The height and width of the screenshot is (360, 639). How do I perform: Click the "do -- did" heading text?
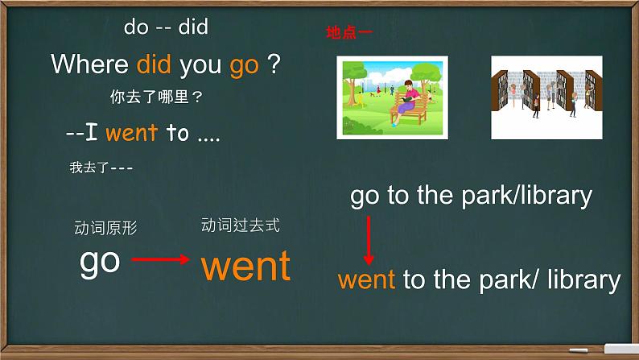166,27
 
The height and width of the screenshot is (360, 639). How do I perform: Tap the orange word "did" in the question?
155,64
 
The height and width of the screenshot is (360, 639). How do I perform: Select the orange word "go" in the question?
244,65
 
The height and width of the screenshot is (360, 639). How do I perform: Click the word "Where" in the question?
89,64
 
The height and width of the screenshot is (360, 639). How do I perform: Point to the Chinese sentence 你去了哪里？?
156,98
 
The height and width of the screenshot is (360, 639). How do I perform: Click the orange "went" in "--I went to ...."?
131,133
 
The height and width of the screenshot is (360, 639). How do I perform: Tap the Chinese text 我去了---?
101,168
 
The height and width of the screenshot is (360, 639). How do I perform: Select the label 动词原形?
105,228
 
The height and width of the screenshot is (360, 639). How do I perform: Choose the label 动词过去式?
240,226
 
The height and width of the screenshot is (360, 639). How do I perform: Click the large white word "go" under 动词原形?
100,262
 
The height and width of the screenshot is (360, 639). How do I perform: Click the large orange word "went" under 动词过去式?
245,266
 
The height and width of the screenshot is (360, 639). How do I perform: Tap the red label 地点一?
348,33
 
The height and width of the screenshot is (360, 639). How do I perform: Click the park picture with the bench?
390,97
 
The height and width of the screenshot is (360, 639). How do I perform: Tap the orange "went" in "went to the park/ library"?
366,279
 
